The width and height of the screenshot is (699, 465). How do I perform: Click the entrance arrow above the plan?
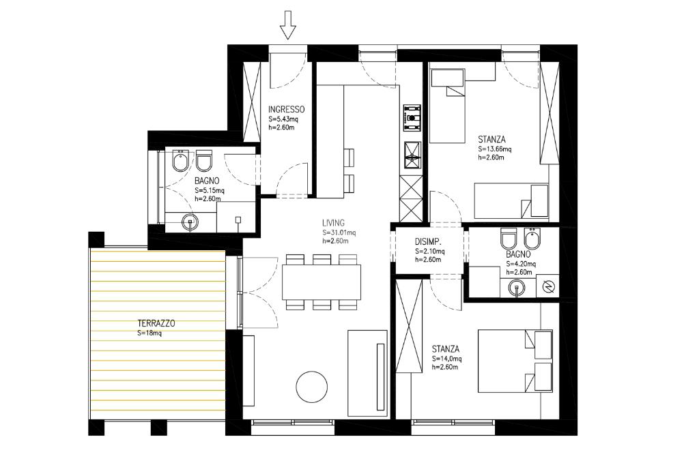(288, 25)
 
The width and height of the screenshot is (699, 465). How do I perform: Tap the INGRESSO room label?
(286, 110)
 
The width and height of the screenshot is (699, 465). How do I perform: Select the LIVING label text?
(333, 223)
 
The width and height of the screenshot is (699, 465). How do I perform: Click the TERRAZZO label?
(156, 323)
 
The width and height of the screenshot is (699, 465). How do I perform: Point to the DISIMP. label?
(429, 242)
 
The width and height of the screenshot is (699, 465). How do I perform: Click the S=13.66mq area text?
(495, 149)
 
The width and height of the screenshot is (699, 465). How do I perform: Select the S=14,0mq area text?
(446, 359)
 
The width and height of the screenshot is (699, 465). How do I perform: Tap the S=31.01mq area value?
(339, 232)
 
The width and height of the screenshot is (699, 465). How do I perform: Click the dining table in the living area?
(322, 282)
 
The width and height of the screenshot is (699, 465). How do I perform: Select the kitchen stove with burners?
(412, 117)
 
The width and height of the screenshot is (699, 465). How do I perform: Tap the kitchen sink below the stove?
(412, 155)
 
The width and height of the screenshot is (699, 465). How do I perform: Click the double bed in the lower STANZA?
(515, 361)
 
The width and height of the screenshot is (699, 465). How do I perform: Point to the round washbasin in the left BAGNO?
(190, 222)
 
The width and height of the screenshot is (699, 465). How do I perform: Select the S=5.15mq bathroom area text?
(210, 191)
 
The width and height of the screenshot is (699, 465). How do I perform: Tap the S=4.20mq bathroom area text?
(521, 264)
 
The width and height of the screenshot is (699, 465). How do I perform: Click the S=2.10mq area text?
(430, 252)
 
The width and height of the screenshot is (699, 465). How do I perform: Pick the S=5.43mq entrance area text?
(283, 119)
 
